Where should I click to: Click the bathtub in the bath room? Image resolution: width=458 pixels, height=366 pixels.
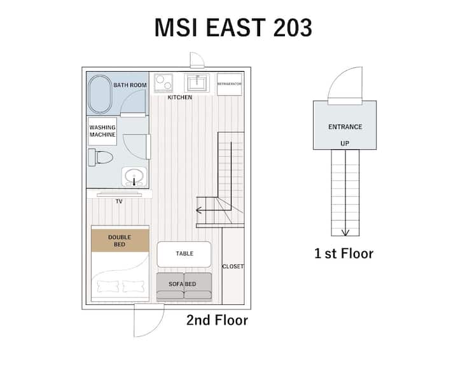tap(100, 94)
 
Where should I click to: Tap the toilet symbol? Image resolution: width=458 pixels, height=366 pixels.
tap(101, 158)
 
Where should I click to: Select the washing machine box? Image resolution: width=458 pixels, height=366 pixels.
tap(102, 131)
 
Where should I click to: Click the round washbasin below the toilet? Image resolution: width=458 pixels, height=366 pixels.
tap(134, 177)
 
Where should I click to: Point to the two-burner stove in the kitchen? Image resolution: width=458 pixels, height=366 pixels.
tap(163, 83)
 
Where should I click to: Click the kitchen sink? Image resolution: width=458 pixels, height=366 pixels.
tap(197, 83)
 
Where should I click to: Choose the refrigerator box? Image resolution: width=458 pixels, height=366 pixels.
tap(230, 84)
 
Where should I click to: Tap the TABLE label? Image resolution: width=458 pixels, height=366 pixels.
tap(184, 254)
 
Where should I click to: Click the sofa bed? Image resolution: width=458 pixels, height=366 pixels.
tap(184, 287)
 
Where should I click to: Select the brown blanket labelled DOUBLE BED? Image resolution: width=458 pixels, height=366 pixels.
tap(120, 240)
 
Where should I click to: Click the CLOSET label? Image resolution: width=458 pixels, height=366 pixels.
tap(233, 266)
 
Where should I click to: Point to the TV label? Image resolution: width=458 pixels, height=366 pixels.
tap(119, 201)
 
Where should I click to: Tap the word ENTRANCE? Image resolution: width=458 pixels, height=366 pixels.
tap(345, 127)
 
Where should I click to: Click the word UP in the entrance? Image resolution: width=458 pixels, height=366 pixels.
tap(345, 144)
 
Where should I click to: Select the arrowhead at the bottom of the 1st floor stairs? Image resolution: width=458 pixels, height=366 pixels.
tap(345, 233)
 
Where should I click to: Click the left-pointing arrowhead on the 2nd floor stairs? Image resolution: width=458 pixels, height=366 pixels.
tap(199, 210)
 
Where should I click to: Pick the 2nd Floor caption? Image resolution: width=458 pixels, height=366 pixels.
tap(217, 320)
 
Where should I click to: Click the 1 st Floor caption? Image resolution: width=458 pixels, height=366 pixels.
tap(343, 254)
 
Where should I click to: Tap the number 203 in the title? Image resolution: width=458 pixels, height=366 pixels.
tap(293, 27)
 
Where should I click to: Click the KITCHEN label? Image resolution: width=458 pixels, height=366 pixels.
tap(179, 97)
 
